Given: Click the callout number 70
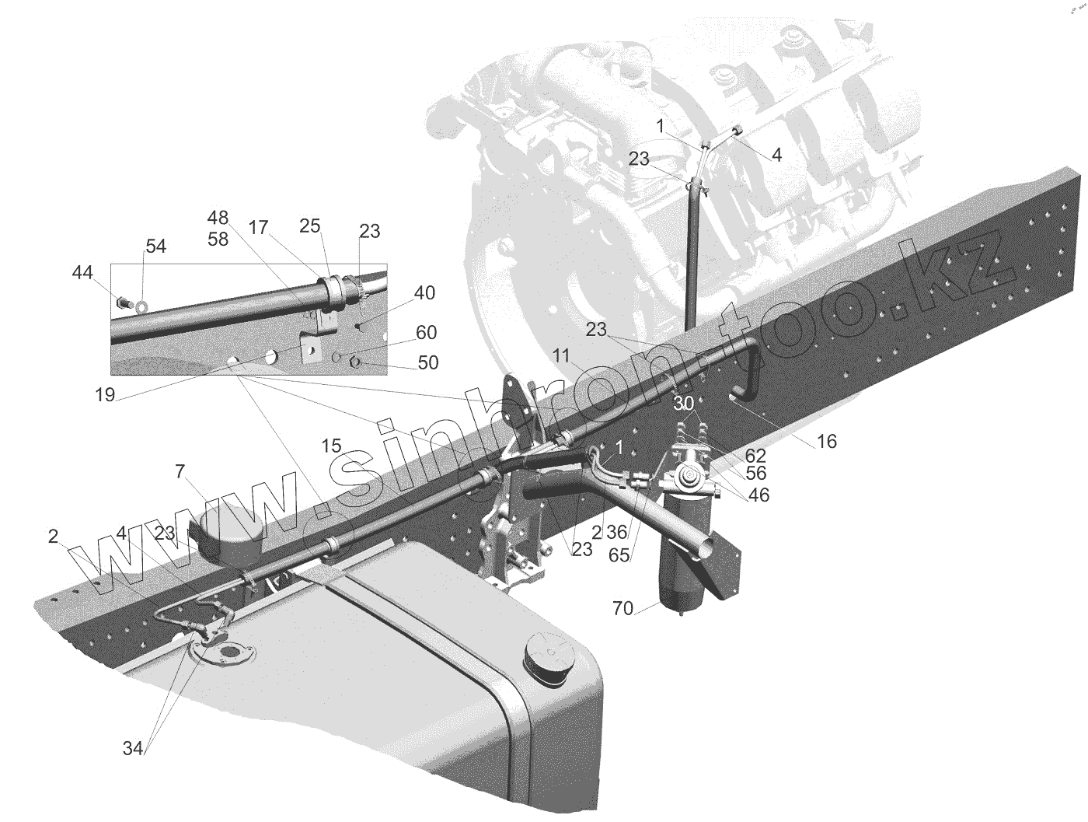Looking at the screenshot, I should coord(623,608).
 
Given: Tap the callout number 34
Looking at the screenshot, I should coord(133,748).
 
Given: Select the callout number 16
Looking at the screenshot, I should coord(826,442).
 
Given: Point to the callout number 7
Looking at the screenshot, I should coord(180,471).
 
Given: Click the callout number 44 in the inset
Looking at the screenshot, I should coord(82,272).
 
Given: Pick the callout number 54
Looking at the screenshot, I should coord(155,247).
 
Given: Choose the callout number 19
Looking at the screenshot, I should coord(105,395).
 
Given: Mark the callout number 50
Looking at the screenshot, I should coord(427,362).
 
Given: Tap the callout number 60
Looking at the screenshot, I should coord(426,333).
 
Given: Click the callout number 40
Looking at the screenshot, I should coord(424,293).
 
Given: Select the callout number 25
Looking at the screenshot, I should coord(309,226).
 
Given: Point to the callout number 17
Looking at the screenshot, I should coord(259,228).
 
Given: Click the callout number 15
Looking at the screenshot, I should coord(331,446).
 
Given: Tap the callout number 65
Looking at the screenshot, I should coord(619,555).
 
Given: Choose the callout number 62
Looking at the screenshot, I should coord(755,456).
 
